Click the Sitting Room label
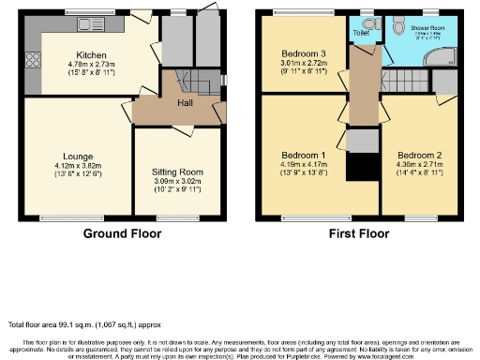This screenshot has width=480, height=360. [x=177, y=172]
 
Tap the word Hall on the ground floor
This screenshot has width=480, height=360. [x=186, y=102]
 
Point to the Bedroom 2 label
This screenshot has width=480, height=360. [x=416, y=155]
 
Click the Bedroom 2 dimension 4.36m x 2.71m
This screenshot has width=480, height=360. [x=416, y=164]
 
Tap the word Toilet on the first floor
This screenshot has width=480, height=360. [x=362, y=33]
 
